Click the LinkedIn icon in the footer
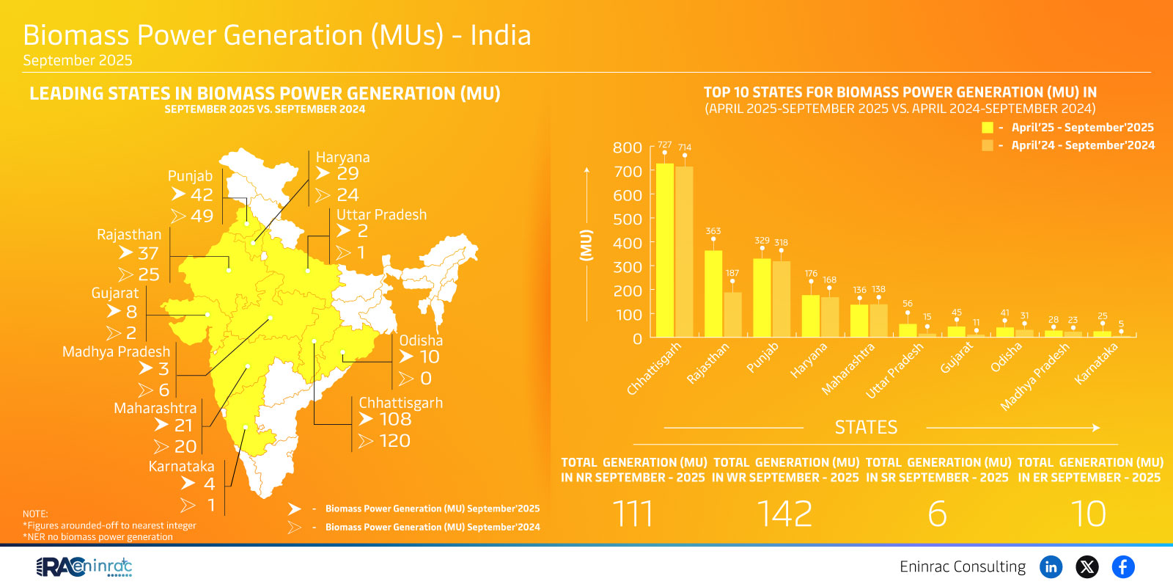[x=1051, y=566]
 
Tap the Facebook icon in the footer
[x=1122, y=566]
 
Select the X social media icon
[x=1086, y=566]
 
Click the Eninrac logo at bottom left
[x=84, y=566]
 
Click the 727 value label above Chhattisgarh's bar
[x=664, y=145]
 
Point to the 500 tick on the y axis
[x=628, y=219]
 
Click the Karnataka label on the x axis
[x=1096, y=363]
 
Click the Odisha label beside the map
[x=421, y=340]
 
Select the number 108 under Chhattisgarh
[x=395, y=419]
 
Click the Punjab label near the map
[x=190, y=176]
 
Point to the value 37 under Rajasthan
[x=148, y=253]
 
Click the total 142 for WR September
[x=784, y=514]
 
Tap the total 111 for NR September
[x=633, y=514]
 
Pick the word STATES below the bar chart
[x=866, y=427]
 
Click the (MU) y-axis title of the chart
[x=586, y=244]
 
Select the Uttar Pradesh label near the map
[x=381, y=215]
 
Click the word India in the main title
[x=500, y=35]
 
